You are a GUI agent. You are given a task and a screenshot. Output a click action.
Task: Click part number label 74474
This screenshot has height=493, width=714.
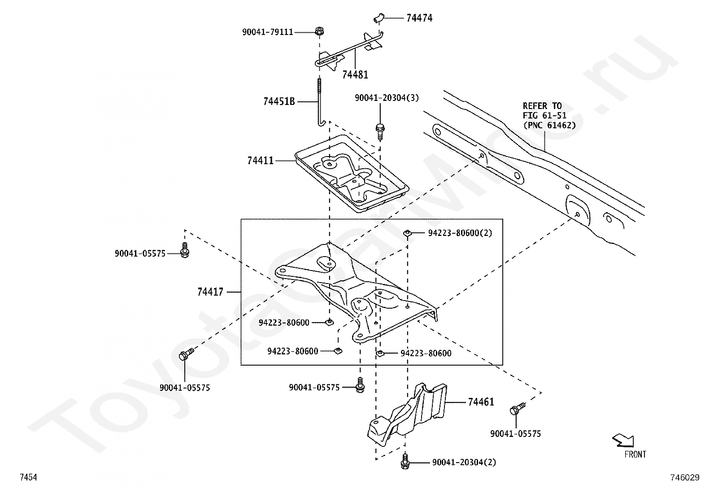tap(419, 18)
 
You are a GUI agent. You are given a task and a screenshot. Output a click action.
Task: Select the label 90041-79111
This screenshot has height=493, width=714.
tap(267, 32)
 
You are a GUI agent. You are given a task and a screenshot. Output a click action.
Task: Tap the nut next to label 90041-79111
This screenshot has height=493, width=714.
tap(319, 31)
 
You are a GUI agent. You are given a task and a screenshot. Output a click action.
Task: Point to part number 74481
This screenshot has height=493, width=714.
tap(355, 75)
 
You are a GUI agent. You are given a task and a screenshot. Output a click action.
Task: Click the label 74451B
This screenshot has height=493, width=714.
tap(279, 102)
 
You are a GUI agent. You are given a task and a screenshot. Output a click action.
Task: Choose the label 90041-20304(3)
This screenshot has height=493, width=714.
tap(387, 98)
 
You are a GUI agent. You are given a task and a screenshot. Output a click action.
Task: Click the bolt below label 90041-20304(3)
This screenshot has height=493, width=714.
tap(380, 132)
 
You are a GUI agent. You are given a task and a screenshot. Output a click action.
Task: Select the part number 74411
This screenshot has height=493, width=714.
tap(261, 161)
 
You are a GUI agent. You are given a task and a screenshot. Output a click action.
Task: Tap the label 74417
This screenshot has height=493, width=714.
tap(210, 292)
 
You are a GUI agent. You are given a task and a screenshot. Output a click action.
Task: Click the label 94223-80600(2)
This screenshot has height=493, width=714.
tap(460, 233)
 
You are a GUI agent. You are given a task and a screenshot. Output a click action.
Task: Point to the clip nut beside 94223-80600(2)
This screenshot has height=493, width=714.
tap(407, 233)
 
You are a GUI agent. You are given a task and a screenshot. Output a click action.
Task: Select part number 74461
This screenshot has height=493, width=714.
tap(481, 402)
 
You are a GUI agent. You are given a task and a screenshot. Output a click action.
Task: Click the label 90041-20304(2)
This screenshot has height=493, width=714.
tap(464, 462)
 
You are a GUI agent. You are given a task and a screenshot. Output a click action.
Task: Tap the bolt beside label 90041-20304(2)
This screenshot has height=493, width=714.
tap(405, 462)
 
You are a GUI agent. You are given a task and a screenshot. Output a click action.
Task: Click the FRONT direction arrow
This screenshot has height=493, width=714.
tap(623, 441)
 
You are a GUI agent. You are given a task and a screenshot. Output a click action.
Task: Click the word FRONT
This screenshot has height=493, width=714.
tap(635, 454)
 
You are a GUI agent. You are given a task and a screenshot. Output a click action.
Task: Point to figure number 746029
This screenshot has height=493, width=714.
tap(685, 477)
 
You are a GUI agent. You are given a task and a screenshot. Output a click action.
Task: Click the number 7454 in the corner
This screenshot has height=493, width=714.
tap(28, 477)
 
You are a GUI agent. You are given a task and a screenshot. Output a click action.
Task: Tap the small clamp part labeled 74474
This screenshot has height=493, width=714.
tap(379, 18)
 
